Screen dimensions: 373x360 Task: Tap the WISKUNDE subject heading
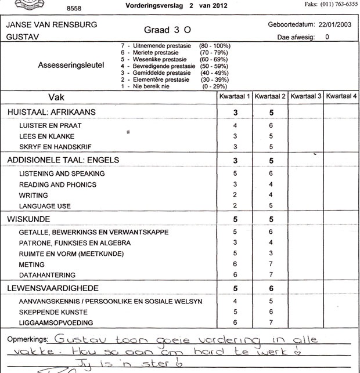(x=28, y=219)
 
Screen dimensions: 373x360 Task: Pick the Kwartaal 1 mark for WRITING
(x=236, y=195)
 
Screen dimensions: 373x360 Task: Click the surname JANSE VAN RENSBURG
(x=52, y=26)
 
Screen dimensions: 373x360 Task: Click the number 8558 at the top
(x=74, y=10)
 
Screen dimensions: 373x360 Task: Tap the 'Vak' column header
(x=56, y=96)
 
